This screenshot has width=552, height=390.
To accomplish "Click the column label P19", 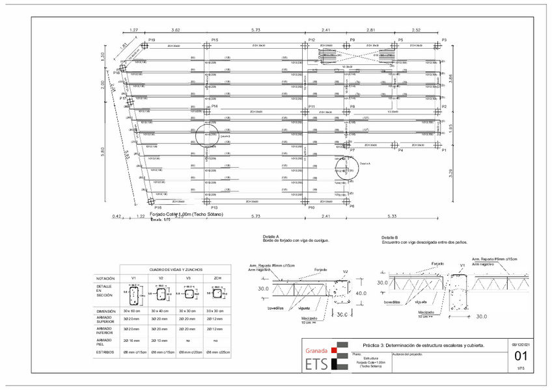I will pos(152,40).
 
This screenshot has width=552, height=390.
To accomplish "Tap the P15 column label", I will pos(215,40).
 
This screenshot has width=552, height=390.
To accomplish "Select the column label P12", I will pos(312,40).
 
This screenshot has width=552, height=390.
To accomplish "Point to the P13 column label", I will pos(215,207).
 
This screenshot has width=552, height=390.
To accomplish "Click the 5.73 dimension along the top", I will pos(256,31).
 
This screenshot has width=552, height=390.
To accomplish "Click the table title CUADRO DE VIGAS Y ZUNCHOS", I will pos(176,268).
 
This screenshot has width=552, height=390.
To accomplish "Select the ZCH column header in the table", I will pos(216,278).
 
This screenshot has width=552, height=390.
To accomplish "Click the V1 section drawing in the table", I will pos(133,294).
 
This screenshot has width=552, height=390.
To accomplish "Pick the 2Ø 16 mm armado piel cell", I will pos(133,340).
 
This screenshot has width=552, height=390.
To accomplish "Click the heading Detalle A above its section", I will pos(271,237).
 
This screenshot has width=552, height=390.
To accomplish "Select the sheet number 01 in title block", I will pos(521,356).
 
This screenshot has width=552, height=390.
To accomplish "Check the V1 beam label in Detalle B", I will pos(462,265).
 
